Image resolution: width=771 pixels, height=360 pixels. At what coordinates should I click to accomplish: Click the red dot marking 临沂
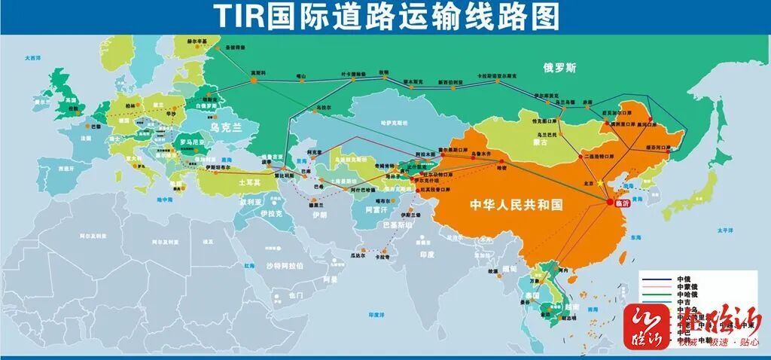point(608,201)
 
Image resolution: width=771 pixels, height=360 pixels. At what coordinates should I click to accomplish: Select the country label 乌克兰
point(224,127)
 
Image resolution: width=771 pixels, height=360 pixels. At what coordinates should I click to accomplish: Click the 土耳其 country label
point(249,182)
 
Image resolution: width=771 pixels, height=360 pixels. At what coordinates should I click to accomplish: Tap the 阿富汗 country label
point(376,211)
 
